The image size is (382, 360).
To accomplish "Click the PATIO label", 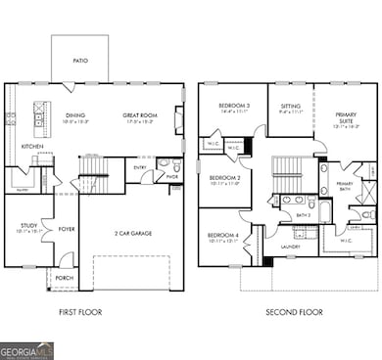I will [x=79, y=61].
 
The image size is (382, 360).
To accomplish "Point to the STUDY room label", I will [x=28, y=225].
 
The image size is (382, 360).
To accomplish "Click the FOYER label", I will [x=67, y=230].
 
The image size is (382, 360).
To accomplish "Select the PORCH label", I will [x=65, y=277].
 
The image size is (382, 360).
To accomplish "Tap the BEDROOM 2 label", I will [x=225, y=178].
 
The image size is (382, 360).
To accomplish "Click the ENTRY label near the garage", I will [x=141, y=167].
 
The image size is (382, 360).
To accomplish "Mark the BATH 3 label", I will [x=303, y=213].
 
